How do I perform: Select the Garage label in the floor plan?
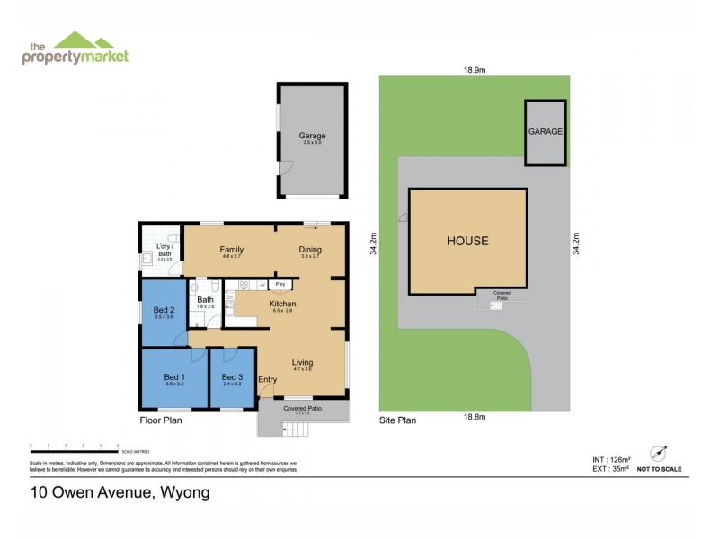pyautogui.click(x=312, y=137)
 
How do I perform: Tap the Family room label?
pyautogui.click(x=233, y=251)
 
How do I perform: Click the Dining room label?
pyautogui.click(x=310, y=251)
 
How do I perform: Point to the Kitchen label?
pyautogui.click(x=283, y=304)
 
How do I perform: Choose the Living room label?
pyautogui.click(x=302, y=362)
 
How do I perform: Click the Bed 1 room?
pyautogui.click(x=174, y=379)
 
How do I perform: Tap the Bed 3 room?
pyautogui.click(x=232, y=379)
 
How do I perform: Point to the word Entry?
pyautogui.click(x=268, y=380)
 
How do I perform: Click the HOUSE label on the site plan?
pyautogui.click(x=467, y=241)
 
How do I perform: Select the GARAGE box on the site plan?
pyautogui.click(x=545, y=132)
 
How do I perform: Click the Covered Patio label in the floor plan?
pyautogui.click(x=302, y=408)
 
